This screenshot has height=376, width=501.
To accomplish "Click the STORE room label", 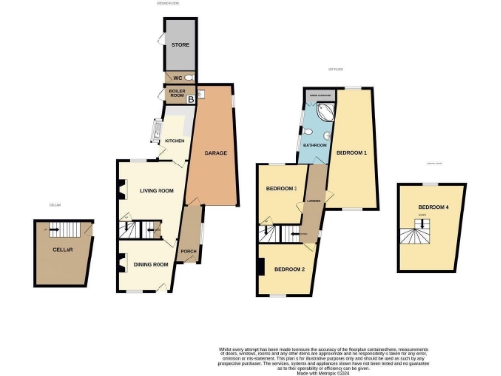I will pyautogui.click(x=180, y=45).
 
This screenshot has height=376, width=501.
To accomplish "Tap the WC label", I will pyautogui.click(x=178, y=78).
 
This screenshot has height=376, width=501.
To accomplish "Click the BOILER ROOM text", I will pyautogui.click(x=176, y=93).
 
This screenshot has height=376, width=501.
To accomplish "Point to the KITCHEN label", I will pyautogui.click(x=174, y=141).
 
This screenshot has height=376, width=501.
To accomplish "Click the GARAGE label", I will pyautogui.click(x=216, y=154).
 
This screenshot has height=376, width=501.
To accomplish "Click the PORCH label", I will pyautogui.click(x=190, y=258).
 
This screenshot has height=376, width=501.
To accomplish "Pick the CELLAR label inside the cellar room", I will pyautogui.click(x=64, y=249).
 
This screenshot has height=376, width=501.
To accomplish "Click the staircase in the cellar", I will pyautogui.click(x=69, y=230).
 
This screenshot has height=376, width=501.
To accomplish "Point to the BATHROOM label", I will pyautogui.click(x=313, y=144).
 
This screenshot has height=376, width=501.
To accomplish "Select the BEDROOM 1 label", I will pyautogui.click(x=351, y=154).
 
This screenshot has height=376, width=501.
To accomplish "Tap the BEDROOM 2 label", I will pyautogui.click(x=290, y=268).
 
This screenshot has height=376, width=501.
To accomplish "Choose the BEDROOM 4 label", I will pyautogui.click(x=433, y=208).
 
